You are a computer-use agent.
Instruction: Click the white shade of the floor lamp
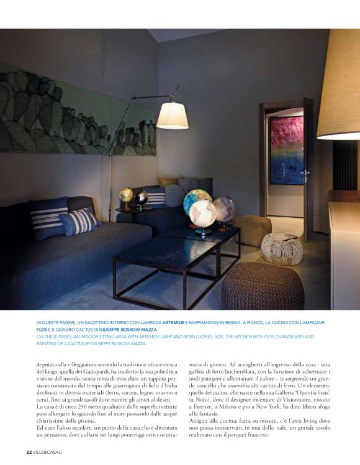coord(172,116)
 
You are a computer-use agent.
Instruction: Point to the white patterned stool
coord(282,249)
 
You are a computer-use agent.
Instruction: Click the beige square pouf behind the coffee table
coord(252,230)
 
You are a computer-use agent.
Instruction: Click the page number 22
coord(29,451)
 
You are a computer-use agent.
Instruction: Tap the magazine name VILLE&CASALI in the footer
coord(48,451)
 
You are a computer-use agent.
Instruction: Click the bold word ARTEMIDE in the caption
coord(176,323)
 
